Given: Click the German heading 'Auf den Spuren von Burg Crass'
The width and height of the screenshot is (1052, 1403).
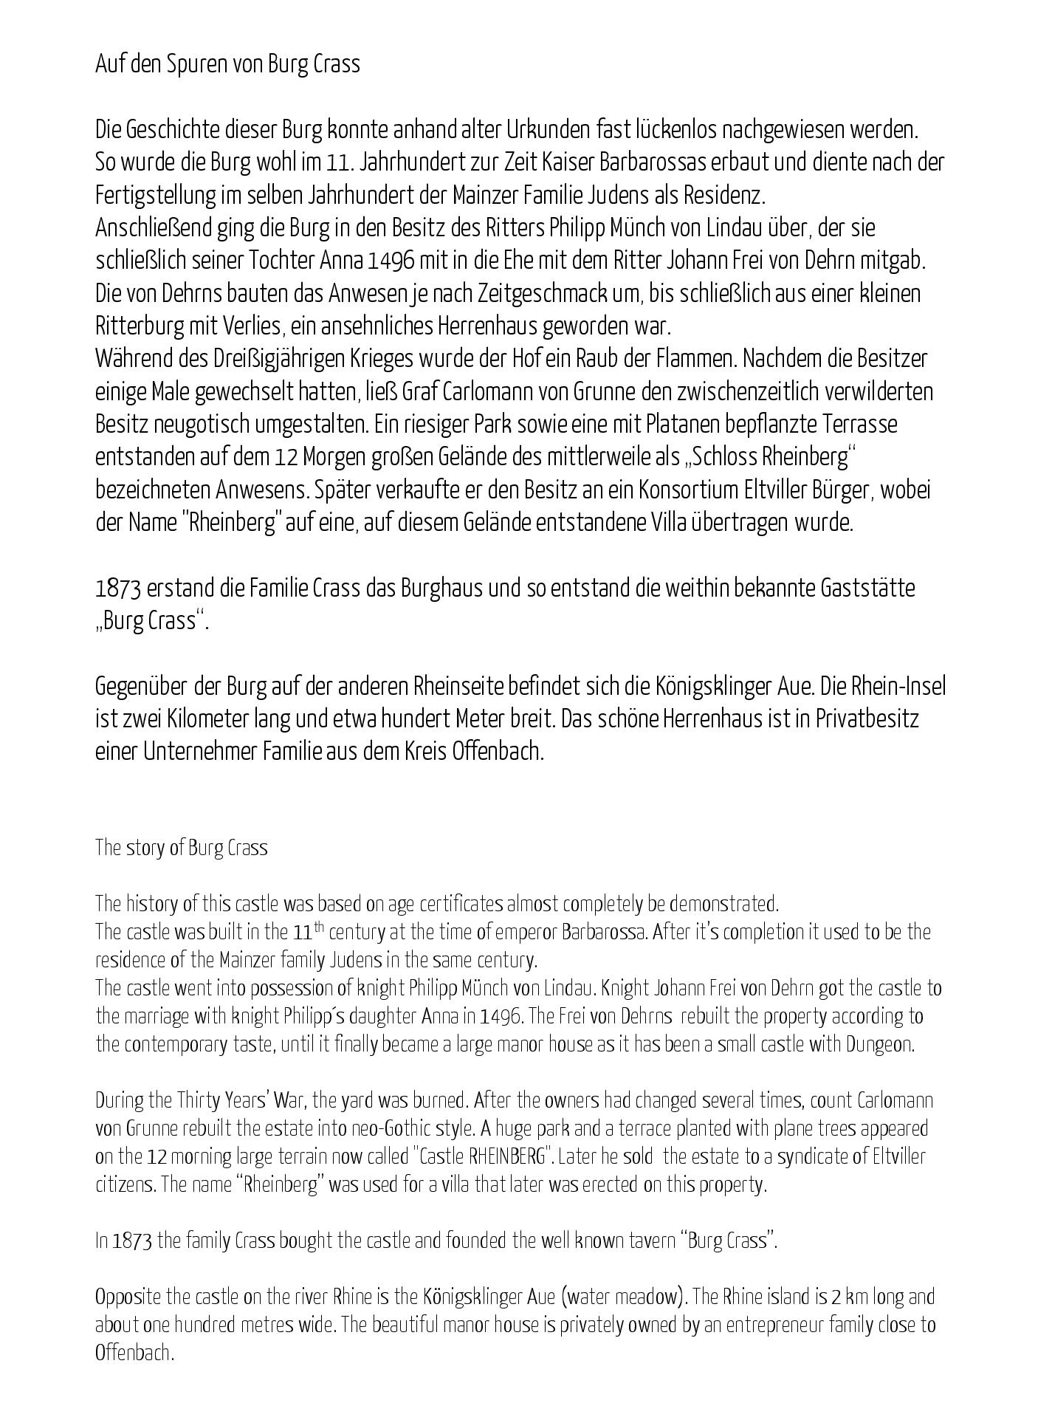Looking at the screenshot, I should click(227, 65).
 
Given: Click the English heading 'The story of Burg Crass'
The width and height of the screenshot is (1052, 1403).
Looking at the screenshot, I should click(181, 848).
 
